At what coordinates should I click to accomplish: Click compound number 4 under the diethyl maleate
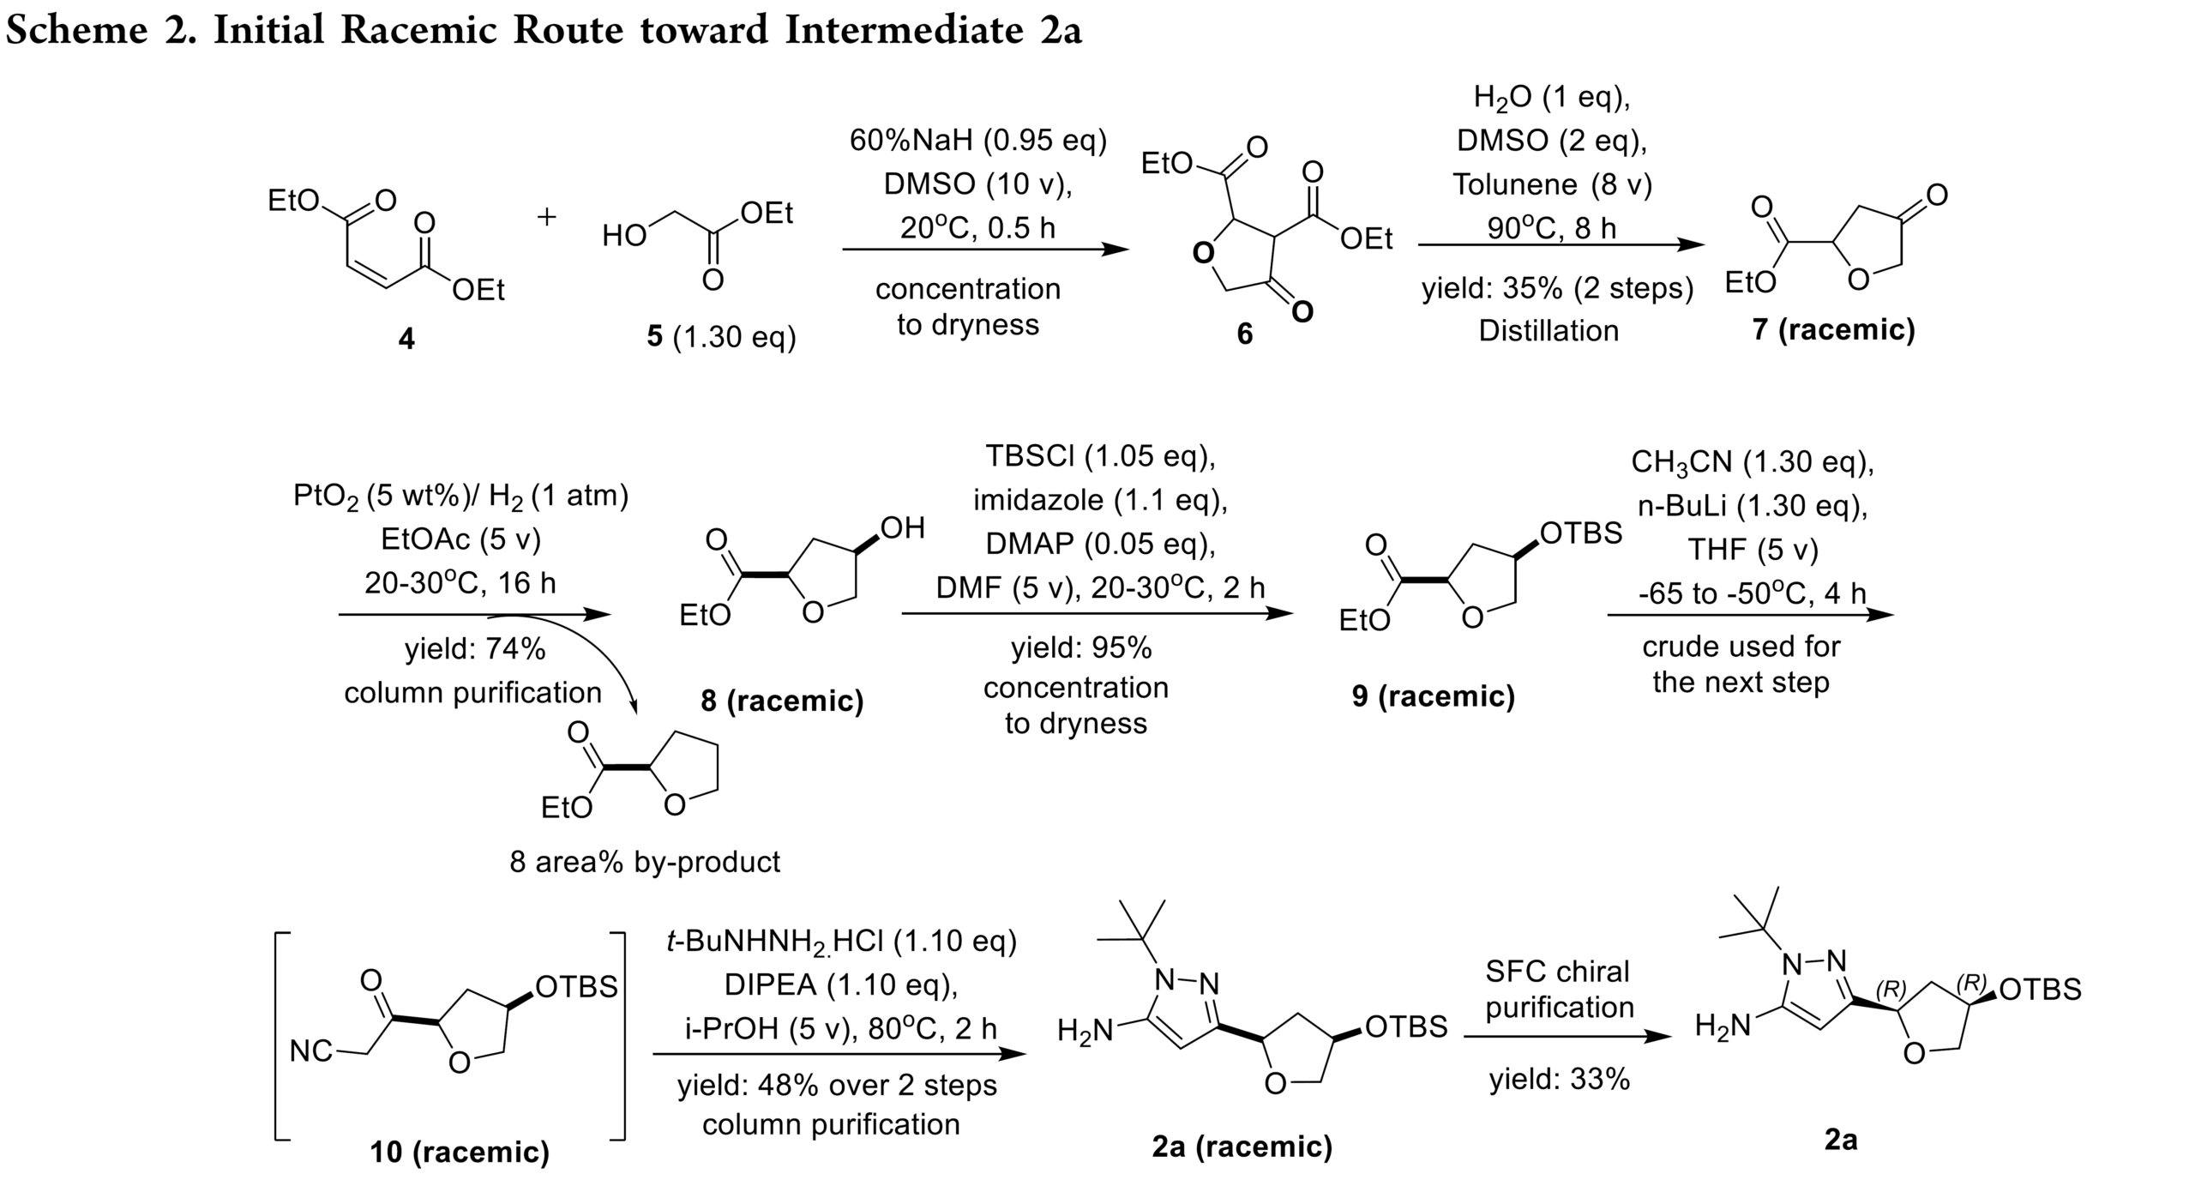(406, 340)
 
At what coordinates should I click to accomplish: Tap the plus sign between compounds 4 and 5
(546, 216)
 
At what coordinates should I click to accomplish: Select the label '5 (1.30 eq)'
(721, 337)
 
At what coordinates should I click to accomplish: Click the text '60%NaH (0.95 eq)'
(977, 141)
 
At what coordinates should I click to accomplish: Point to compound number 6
(1244, 334)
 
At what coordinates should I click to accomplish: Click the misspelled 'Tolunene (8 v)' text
(1552, 184)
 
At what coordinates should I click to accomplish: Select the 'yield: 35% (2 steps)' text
(1557, 289)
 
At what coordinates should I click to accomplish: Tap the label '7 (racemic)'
(1833, 330)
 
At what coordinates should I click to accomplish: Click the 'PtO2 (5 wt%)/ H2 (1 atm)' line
(461, 497)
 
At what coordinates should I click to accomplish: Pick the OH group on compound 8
(903, 527)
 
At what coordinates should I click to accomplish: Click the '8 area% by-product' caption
(645, 862)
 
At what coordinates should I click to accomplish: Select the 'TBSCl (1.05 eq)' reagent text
(1100, 456)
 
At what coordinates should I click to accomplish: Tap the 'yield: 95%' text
(1081, 648)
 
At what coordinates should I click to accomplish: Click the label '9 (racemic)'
(1434, 696)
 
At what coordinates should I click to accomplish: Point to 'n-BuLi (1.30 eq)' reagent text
(1753, 507)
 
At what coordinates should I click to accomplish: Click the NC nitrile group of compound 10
(310, 1051)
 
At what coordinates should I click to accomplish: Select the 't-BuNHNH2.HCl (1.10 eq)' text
(841, 942)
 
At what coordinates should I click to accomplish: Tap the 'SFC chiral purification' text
(1559, 989)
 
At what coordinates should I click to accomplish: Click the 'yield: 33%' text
(1559, 1079)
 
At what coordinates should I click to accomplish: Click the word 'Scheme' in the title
(77, 30)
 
